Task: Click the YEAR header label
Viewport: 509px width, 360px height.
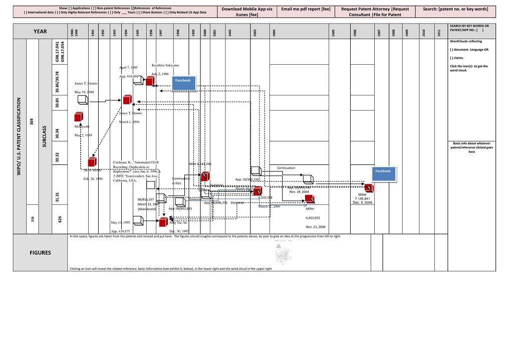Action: pos(40,32)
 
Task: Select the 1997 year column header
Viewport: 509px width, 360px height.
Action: pos(161,32)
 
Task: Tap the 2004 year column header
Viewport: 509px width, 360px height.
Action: pos(274,32)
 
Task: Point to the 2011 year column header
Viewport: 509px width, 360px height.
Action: pos(439,32)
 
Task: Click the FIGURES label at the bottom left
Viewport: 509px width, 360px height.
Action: pos(40,253)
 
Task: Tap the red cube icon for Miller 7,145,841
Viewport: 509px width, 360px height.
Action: pos(369,188)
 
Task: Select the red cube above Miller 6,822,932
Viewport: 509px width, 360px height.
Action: pos(310,199)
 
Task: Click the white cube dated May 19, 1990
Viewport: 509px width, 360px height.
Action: pos(83,100)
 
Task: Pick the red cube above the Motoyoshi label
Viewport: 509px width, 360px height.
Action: pos(78,117)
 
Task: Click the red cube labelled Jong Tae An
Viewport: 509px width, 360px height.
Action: pos(163,222)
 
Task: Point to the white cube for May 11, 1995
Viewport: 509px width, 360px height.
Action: pos(139,221)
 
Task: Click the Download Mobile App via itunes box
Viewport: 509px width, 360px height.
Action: pos(247,12)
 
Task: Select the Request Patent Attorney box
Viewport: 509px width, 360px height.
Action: pos(375,12)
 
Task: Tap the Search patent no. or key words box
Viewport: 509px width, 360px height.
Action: pos(455,10)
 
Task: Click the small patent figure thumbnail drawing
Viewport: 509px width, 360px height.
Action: pos(283,254)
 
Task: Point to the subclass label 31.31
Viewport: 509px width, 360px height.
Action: pos(58,197)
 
